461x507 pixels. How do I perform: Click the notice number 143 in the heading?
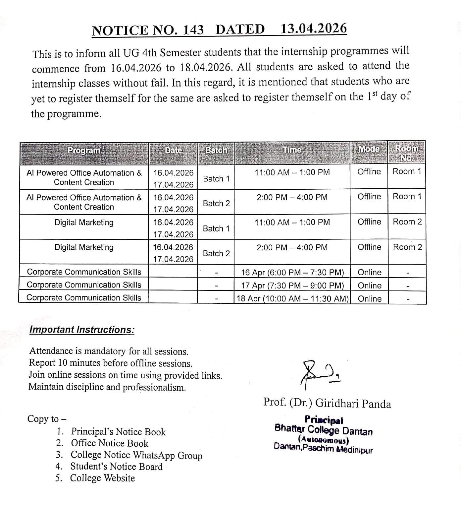(x=193, y=30)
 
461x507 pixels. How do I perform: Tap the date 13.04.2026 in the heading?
(x=314, y=29)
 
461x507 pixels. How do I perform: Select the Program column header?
(x=84, y=151)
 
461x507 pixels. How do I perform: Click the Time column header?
(x=292, y=150)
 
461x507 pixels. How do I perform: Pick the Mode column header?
(x=369, y=149)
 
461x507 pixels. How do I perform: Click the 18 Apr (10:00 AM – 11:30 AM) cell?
(x=292, y=298)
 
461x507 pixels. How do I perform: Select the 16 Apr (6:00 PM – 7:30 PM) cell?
(x=292, y=273)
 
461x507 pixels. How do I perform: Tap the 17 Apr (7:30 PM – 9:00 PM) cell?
(x=292, y=285)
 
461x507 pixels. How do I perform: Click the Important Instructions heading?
(x=82, y=330)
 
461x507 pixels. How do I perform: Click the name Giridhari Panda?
(x=353, y=404)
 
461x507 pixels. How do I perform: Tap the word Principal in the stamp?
(x=324, y=420)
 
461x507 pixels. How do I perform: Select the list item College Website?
(x=103, y=478)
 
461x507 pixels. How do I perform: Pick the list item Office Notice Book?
(x=110, y=443)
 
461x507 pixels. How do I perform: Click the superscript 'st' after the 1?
(x=375, y=94)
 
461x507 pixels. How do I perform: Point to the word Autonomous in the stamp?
(x=324, y=440)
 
